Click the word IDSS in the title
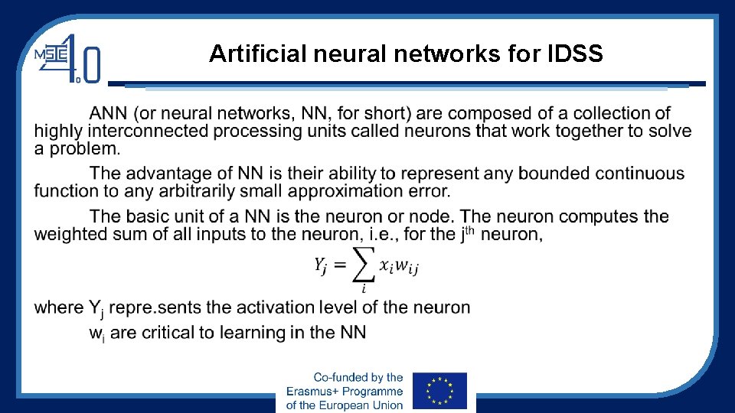tap(575, 54)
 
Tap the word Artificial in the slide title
tap(247, 54)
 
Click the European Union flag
tap(439, 391)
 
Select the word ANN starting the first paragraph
tap(109, 114)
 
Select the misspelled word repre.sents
tap(155, 307)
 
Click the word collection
tap(595, 114)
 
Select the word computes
tap(603, 216)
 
